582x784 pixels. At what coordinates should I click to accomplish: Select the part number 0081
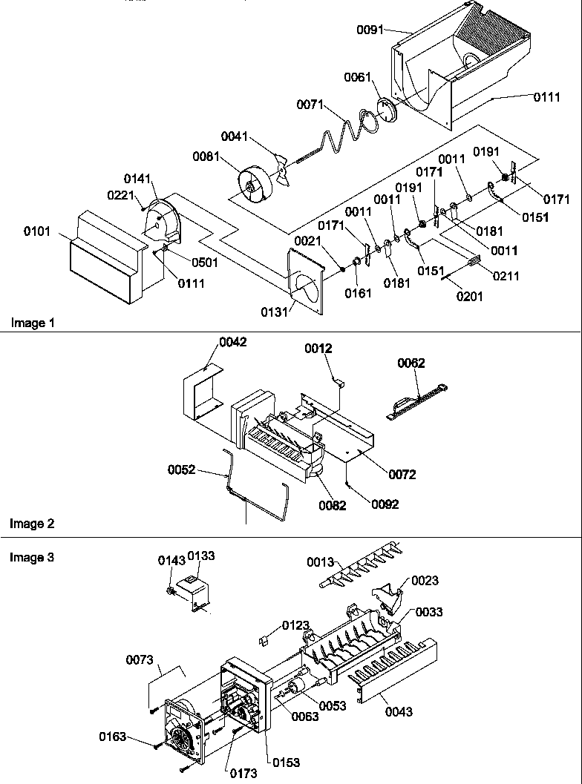[x=206, y=157]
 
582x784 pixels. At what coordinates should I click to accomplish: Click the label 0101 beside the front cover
[x=38, y=231]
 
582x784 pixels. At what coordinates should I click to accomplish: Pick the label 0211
[x=506, y=276]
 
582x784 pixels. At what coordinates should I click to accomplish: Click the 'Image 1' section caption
[x=32, y=323]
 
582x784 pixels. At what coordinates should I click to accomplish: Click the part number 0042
[x=232, y=342]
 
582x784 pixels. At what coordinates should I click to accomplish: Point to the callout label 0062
[x=411, y=363]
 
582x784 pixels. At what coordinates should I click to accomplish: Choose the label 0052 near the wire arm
[x=181, y=469]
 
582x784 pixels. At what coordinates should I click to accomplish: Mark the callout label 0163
[x=113, y=737]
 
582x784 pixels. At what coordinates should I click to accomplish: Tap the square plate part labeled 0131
[x=305, y=280]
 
